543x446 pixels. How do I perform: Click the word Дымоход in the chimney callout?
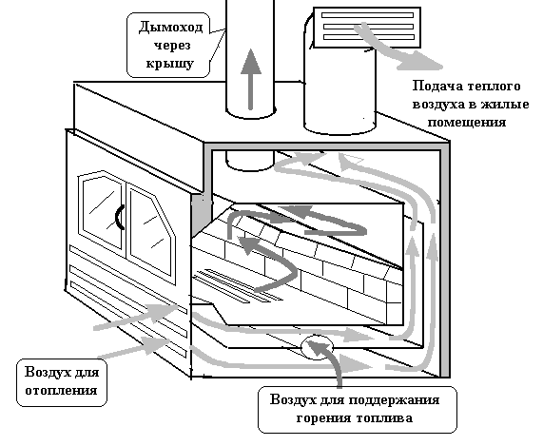pos(170,27)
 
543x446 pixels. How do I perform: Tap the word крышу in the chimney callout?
pos(169,64)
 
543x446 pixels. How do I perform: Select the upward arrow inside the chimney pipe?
pos(251,79)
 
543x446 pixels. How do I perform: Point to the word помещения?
pos(467,123)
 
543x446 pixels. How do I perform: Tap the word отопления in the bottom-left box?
pos(61,391)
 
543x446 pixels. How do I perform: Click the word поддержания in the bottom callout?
pos(394,400)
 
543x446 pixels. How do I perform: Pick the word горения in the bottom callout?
pos(323,418)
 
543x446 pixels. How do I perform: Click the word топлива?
pos(384,418)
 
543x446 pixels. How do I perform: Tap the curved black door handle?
pos(120,217)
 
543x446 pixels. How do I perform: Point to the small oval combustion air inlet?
pos(317,347)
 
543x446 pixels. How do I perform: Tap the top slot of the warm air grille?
pos(367,15)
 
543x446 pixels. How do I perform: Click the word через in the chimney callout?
pos(172,46)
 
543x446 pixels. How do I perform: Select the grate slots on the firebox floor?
pos(238,286)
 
